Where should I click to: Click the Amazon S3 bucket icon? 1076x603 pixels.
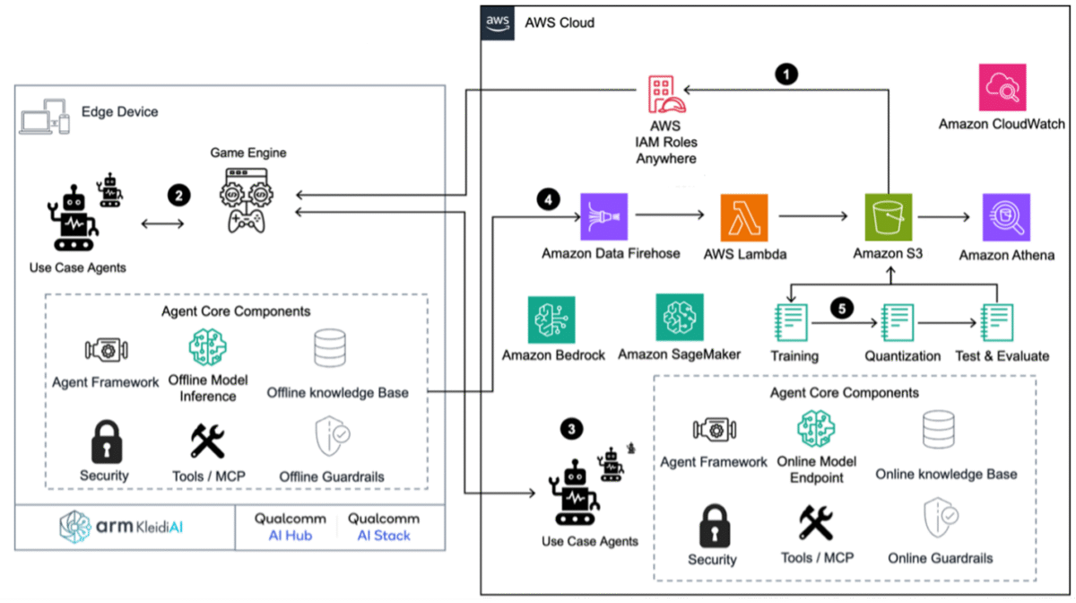pyautogui.click(x=889, y=217)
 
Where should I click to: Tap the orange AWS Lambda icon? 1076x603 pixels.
pyautogui.click(x=744, y=218)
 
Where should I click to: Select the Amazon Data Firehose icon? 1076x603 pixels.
pyautogui.click(x=603, y=217)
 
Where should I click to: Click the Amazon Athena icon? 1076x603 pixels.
pyautogui.click(x=1006, y=217)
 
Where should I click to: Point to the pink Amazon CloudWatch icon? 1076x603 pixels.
pyautogui.click(x=1002, y=88)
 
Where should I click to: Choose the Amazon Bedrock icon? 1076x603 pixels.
pyautogui.click(x=551, y=319)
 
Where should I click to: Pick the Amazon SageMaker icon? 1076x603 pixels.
pyautogui.click(x=680, y=318)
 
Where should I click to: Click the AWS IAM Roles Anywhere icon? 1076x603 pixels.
pyautogui.click(x=665, y=93)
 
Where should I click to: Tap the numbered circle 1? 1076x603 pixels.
pyautogui.click(x=786, y=74)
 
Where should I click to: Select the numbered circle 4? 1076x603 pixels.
pyautogui.click(x=548, y=199)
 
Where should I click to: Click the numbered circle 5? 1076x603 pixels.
pyautogui.click(x=842, y=309)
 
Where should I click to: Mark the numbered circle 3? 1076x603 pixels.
pyautogui.click(x=572, y=428)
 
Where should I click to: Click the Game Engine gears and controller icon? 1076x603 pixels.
pyautogui.click(x=247, y=200)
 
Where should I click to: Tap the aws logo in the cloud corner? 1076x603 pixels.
pyautogui.click(x=498, y=23)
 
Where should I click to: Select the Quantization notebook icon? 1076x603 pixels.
pyautogui.click(x=898, y=323)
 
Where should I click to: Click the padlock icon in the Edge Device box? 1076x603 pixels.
pyautogui.click(x=107, y=441)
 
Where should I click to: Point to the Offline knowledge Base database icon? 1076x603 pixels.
pyautogui.click(x=330, y=348)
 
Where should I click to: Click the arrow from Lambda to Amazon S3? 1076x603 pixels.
pyautogui.click(x=812, y=216)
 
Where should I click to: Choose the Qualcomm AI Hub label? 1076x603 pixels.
pyautogui.click(x=291, y=527)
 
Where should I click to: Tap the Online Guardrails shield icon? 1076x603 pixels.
pyautogui.click(x=940, y=518)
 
